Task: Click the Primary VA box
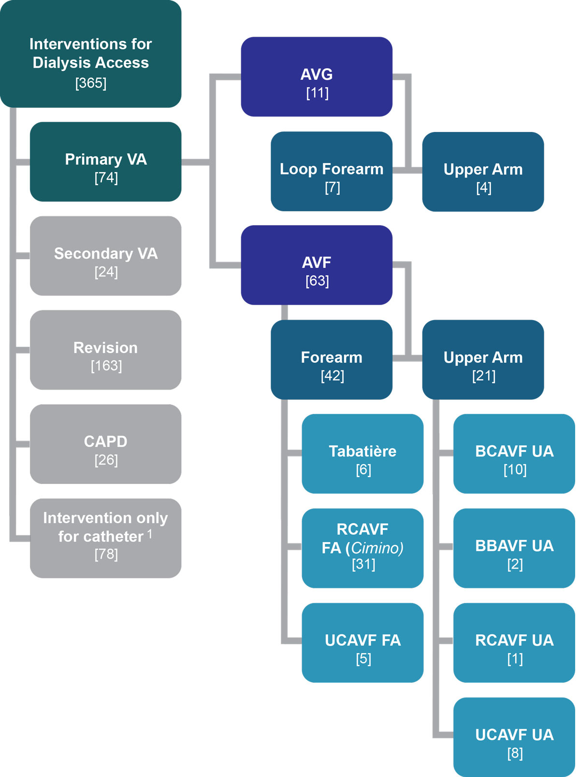(x=105, y=161)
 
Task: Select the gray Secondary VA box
(x=105, y=256)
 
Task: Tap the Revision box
(x=105, y=350)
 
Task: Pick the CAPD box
(x=105, y=444)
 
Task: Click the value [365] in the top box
(x=91, y=83)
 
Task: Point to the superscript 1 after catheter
(x=150, y=533)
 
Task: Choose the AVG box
(x=317, y=77)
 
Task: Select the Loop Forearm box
(x=332, y=171)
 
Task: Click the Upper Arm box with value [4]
(x=483, y=172)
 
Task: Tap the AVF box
(x=317, y=265)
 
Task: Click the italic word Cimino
(x=377, y=548)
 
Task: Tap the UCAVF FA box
(x=362, y=643)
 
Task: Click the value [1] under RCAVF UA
(x=515, y=659)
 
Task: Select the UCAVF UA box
(x=514, y=737)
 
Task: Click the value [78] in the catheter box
(x=106, y=554)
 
